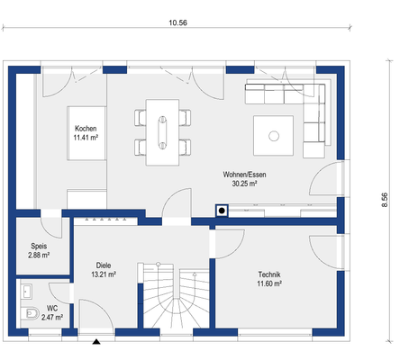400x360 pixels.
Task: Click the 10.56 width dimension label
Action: coord(177,22)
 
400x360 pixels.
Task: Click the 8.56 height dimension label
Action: coord(385,200)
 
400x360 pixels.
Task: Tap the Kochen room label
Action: coord(86,129)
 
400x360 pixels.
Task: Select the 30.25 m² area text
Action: coord(244,184)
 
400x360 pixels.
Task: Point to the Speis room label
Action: coord(39,246)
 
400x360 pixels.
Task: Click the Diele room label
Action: coord(104,265)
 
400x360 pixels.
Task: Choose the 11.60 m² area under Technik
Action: coord(269,283)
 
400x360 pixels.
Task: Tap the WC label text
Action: coord(52,308)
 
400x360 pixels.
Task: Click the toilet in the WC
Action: coord(30,314)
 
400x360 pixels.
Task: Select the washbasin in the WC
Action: coord(27,292)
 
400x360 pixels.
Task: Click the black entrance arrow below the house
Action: coord(96,341)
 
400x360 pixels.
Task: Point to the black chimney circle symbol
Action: coord(222,211)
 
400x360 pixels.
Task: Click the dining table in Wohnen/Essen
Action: coord(162,132)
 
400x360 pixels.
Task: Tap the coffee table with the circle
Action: coord(273,136)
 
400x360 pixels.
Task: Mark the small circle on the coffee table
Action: coord(274,136)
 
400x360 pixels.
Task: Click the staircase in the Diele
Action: coord(173,296)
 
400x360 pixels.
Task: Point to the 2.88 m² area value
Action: coord(39,256)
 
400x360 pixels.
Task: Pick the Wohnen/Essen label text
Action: coord(244,175)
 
